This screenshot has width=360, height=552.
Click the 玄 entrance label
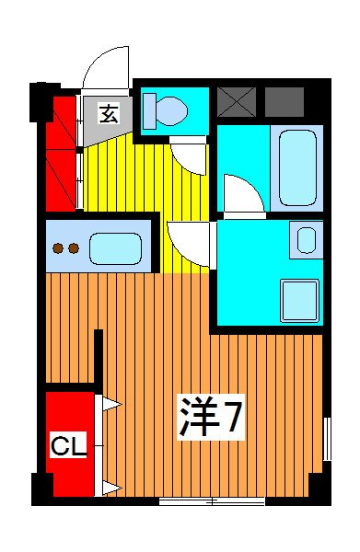pyautogui.click(x=109, y=115)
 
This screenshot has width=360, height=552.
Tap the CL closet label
pyautogui.click(x=67, y=447)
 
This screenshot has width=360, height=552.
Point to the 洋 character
pyautogui.click(x=198, y=420)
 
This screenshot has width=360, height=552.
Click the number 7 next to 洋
pyautogui.click(x=232, y=420)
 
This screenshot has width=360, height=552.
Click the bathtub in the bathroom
pyautogui.click(x=297, y=166)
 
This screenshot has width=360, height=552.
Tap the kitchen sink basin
pyautogui.click(x=115, y=248)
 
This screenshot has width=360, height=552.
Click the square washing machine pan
pyautogui.click(x=298, y=296)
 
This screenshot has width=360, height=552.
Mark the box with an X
pyautogui.click(x=236, y=100)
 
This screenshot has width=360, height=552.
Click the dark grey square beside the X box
pyautogui.click(x=284, y=100)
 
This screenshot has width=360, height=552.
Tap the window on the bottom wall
pyautogui.click(x=212, y=501)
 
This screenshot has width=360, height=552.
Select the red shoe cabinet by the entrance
pyautogui.click(x=61, y=152)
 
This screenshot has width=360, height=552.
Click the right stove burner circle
pyautogui.click(x=73, y=247)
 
